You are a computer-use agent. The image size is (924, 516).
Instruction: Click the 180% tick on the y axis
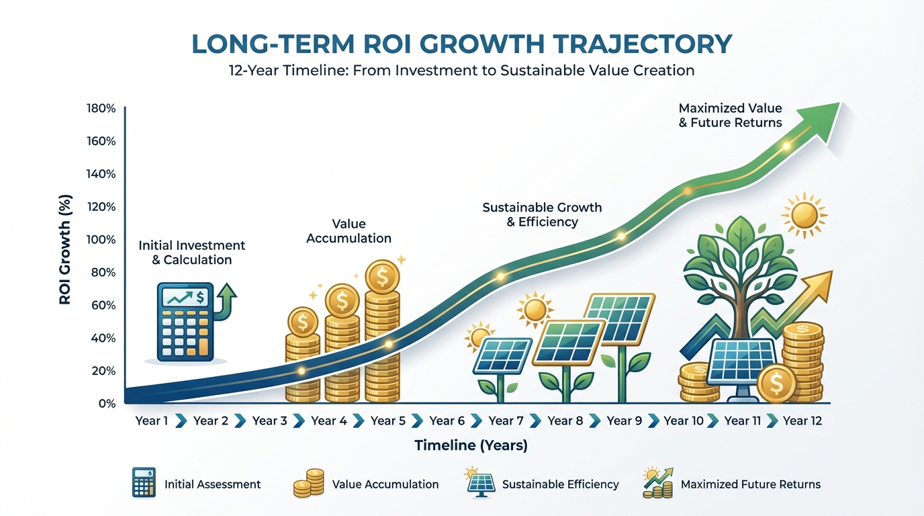[x=101, y=109]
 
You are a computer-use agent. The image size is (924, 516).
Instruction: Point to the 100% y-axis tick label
[x=101, y=240]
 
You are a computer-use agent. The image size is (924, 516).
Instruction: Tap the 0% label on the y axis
[x=107, y=404]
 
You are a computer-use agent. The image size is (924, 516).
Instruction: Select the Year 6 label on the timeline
[x=447, y=421]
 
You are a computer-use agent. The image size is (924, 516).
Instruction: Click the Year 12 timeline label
[x=802, y=421]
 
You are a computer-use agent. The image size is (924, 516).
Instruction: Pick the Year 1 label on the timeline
[x=152, y=421]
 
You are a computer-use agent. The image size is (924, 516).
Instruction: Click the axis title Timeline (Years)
[x=471, y=445]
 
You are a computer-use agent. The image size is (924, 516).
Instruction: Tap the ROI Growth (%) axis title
[x=65, y=250]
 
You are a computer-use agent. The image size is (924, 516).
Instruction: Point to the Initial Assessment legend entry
[x=212, y=484]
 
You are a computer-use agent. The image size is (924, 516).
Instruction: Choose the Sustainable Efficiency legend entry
[x=560, y=484]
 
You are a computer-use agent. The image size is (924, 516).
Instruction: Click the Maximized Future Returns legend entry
[x=750, y=484]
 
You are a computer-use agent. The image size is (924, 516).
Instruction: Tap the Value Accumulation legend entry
[x=385, y=484]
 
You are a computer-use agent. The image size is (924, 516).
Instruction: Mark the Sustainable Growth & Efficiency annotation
[x=542, y=214]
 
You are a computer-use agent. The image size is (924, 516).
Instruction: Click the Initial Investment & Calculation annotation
[x=192, y=253]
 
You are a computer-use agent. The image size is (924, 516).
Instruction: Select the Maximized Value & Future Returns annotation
[x=731, y=115]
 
